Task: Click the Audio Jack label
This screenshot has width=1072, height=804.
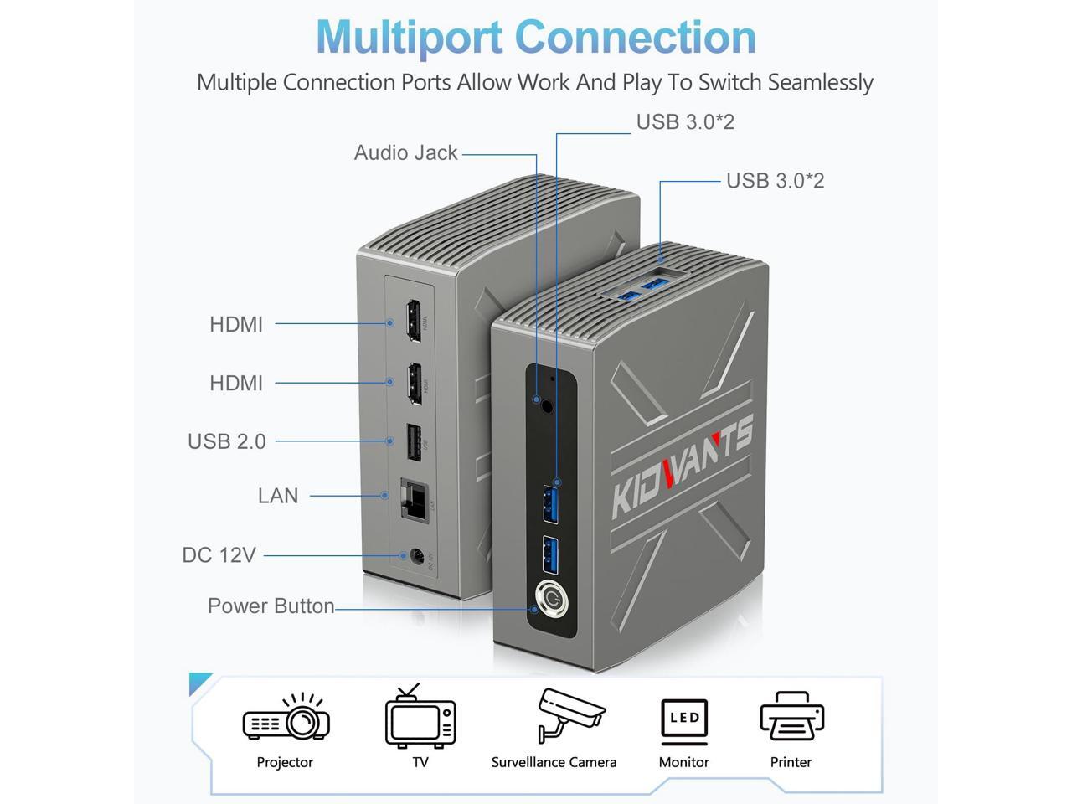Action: [x=405, y=153]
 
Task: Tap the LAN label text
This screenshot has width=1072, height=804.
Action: [x=277, y=496]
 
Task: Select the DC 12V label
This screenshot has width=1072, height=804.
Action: [x=219, y=555]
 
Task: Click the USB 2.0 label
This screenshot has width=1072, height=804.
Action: [x=226, y=441]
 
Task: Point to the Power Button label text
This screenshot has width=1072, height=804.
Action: [x=271, y=606]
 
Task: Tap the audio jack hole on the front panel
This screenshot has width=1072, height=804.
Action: [x=547, y=406]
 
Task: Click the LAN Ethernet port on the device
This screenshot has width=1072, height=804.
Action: [x=414, y=500]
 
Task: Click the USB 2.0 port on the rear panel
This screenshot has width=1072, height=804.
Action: [x=414, y=442]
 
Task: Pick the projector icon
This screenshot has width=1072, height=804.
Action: [x=286, y=719]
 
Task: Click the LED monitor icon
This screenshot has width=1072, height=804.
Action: [x=684, y=720]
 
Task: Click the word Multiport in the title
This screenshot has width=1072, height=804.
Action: [x=409, y=37]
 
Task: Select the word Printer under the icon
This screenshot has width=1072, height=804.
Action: [x=791, y=762]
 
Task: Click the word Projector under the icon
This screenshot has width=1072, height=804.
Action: [x=285, y=762]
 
